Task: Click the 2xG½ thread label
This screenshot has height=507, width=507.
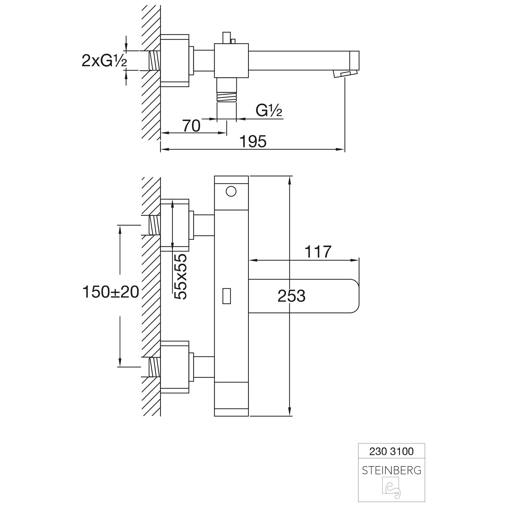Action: (104, 61)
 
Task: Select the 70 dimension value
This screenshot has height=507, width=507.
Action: (192, 126)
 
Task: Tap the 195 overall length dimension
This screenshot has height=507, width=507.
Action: (253, 141)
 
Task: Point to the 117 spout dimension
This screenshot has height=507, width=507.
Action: (318, 252)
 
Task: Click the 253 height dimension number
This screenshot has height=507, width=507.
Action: (291, 296)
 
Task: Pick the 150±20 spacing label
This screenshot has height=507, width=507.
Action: (111, 292)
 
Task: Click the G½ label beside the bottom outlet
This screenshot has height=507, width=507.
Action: (269, 111)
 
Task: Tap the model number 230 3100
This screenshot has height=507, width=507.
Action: (391, 451)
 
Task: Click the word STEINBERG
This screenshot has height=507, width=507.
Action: (391, 470)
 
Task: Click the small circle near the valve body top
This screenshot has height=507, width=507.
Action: (231, 192)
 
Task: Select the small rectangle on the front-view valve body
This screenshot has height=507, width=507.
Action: (226, 296)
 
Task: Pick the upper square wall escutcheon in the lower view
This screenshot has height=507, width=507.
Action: (175, 225)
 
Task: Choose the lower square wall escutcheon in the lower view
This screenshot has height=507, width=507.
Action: (175, 367)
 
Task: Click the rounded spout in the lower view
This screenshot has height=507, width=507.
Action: (304, 296)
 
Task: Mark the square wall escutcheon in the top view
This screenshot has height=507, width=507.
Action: (175, 61)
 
